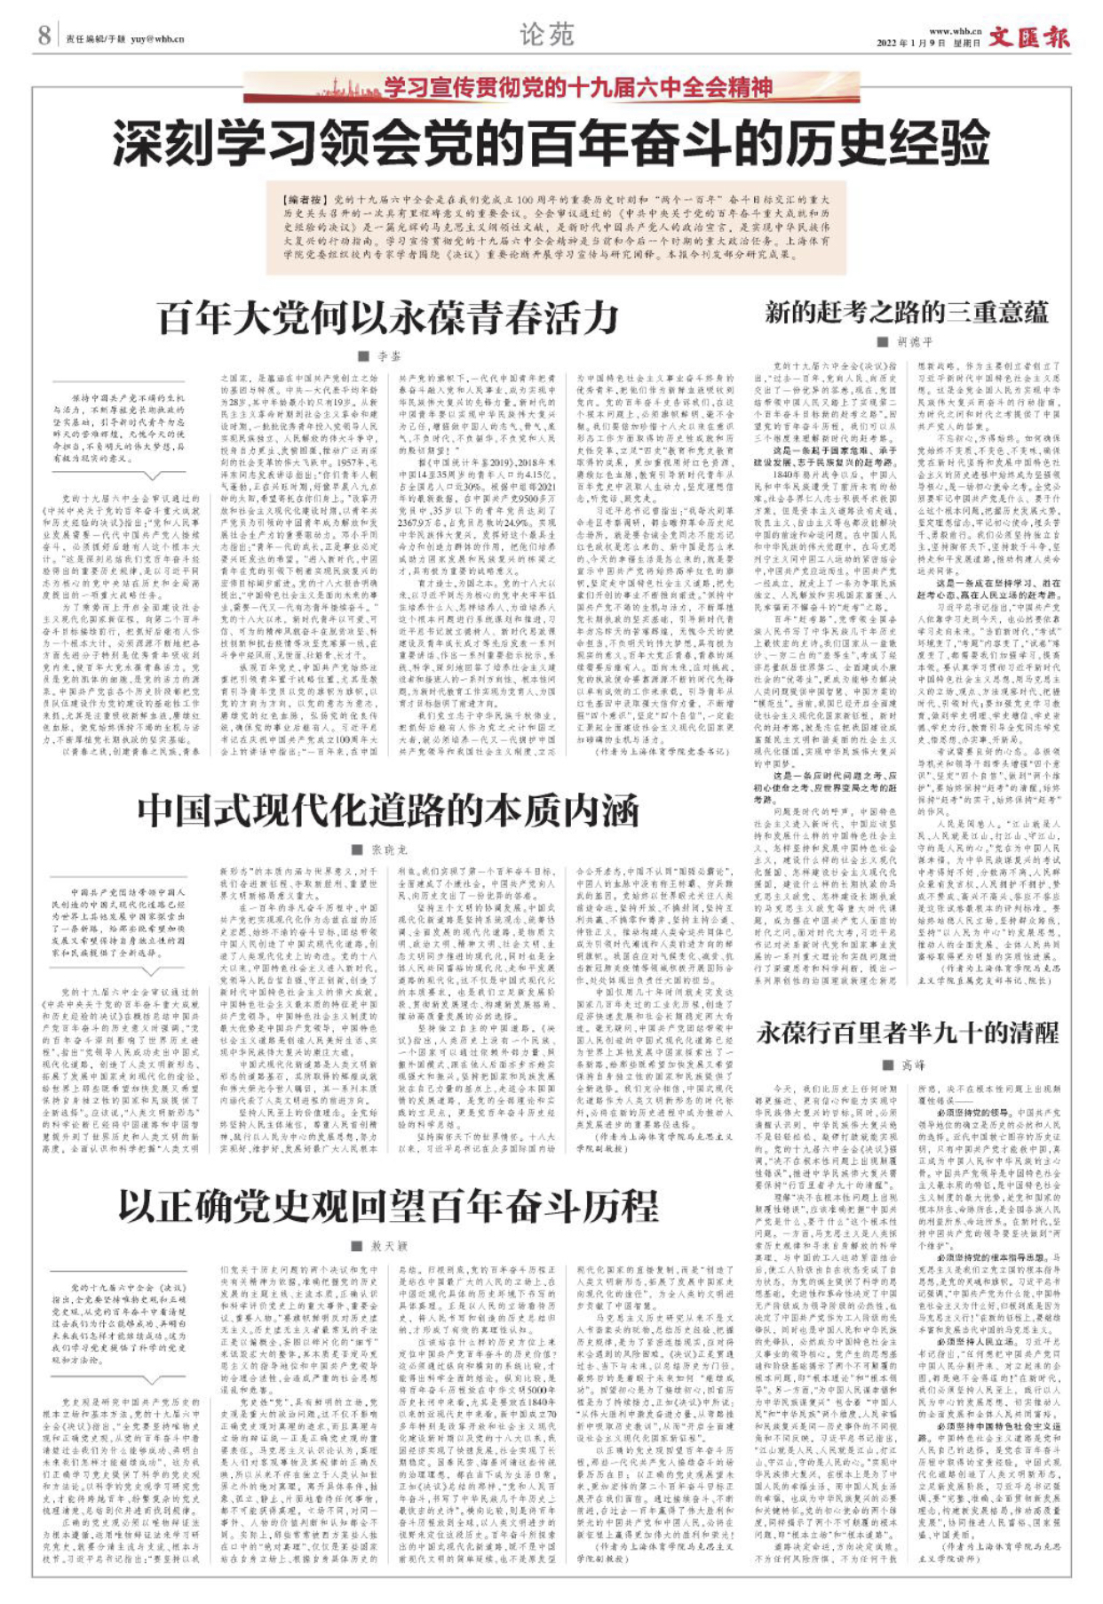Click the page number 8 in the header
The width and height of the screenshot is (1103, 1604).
(44, 36)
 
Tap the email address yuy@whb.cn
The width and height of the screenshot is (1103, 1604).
(158, 39)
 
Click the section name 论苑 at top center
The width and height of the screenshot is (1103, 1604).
(547, 35)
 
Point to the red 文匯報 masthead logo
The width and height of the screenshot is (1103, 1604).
(1029, 37)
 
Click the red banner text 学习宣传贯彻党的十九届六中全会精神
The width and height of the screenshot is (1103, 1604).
(578, 88)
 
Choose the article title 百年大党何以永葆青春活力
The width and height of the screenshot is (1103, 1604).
(388, 317)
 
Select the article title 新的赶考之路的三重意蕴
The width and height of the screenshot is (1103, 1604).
(906, 313)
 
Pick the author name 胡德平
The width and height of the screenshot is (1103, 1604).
(915, 342)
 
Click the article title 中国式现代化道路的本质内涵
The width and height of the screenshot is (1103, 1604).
(388, 810)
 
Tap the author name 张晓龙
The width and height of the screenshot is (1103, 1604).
(388, 850)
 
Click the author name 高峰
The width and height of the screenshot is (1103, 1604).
(913, 1064)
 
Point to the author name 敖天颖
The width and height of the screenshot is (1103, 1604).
(388, 1246)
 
